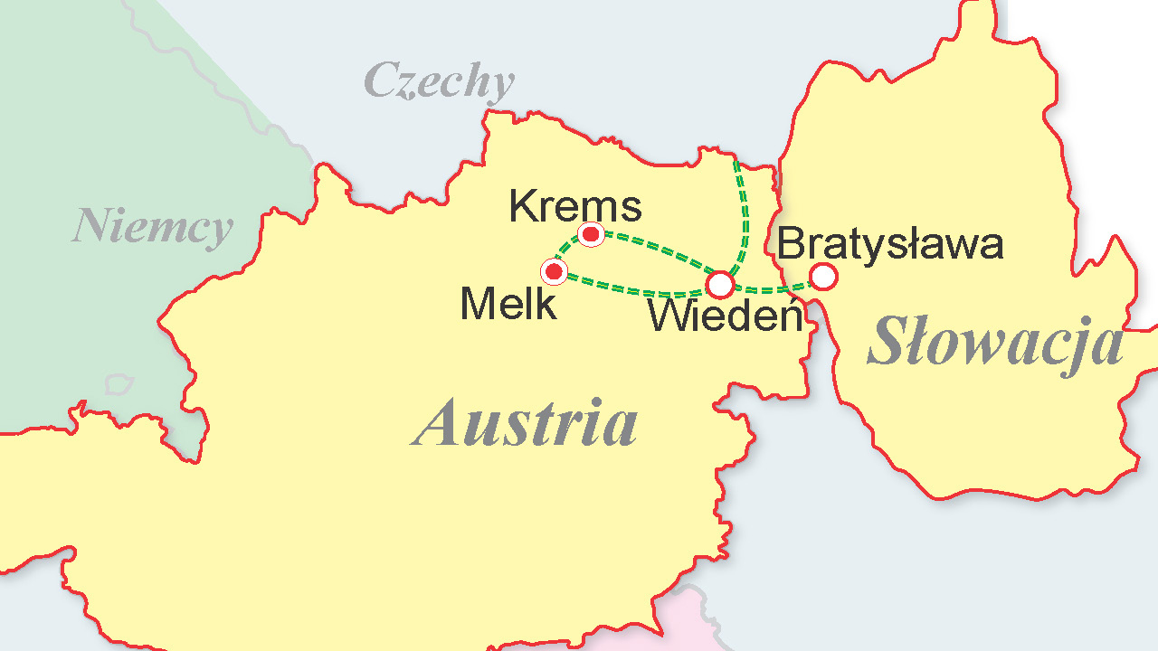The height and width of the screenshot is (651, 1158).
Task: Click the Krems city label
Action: click(x=574, y=206)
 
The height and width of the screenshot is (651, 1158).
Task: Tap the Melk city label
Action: click(x=508, y=305)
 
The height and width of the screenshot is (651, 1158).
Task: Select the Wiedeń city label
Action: click(x=726, y=316)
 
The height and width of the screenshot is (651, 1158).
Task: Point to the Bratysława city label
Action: click(x=890, y=244)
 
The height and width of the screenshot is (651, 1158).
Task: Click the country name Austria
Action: click(x=526, y=423)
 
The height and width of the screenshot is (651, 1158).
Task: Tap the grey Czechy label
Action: click(x=439, y=81)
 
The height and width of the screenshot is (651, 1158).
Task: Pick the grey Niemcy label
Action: click(x=152, y=226)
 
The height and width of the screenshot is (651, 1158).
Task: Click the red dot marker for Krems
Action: click(x=591, y=235)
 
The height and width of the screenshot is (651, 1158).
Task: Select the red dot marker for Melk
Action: click(x=554, y=271)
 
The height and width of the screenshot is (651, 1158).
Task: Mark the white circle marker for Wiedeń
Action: click(x=720, y=285)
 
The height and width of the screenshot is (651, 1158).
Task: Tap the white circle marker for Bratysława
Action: click(x=822, y=276)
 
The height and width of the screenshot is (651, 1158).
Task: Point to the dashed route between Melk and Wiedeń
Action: click(x=633, y=289)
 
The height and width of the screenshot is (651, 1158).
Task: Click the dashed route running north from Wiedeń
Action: click(x=746, y=217)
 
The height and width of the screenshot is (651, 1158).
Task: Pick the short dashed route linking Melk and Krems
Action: click(x=567, y=249)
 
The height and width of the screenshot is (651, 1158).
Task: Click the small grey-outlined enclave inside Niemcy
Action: click(x=119, y=384)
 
